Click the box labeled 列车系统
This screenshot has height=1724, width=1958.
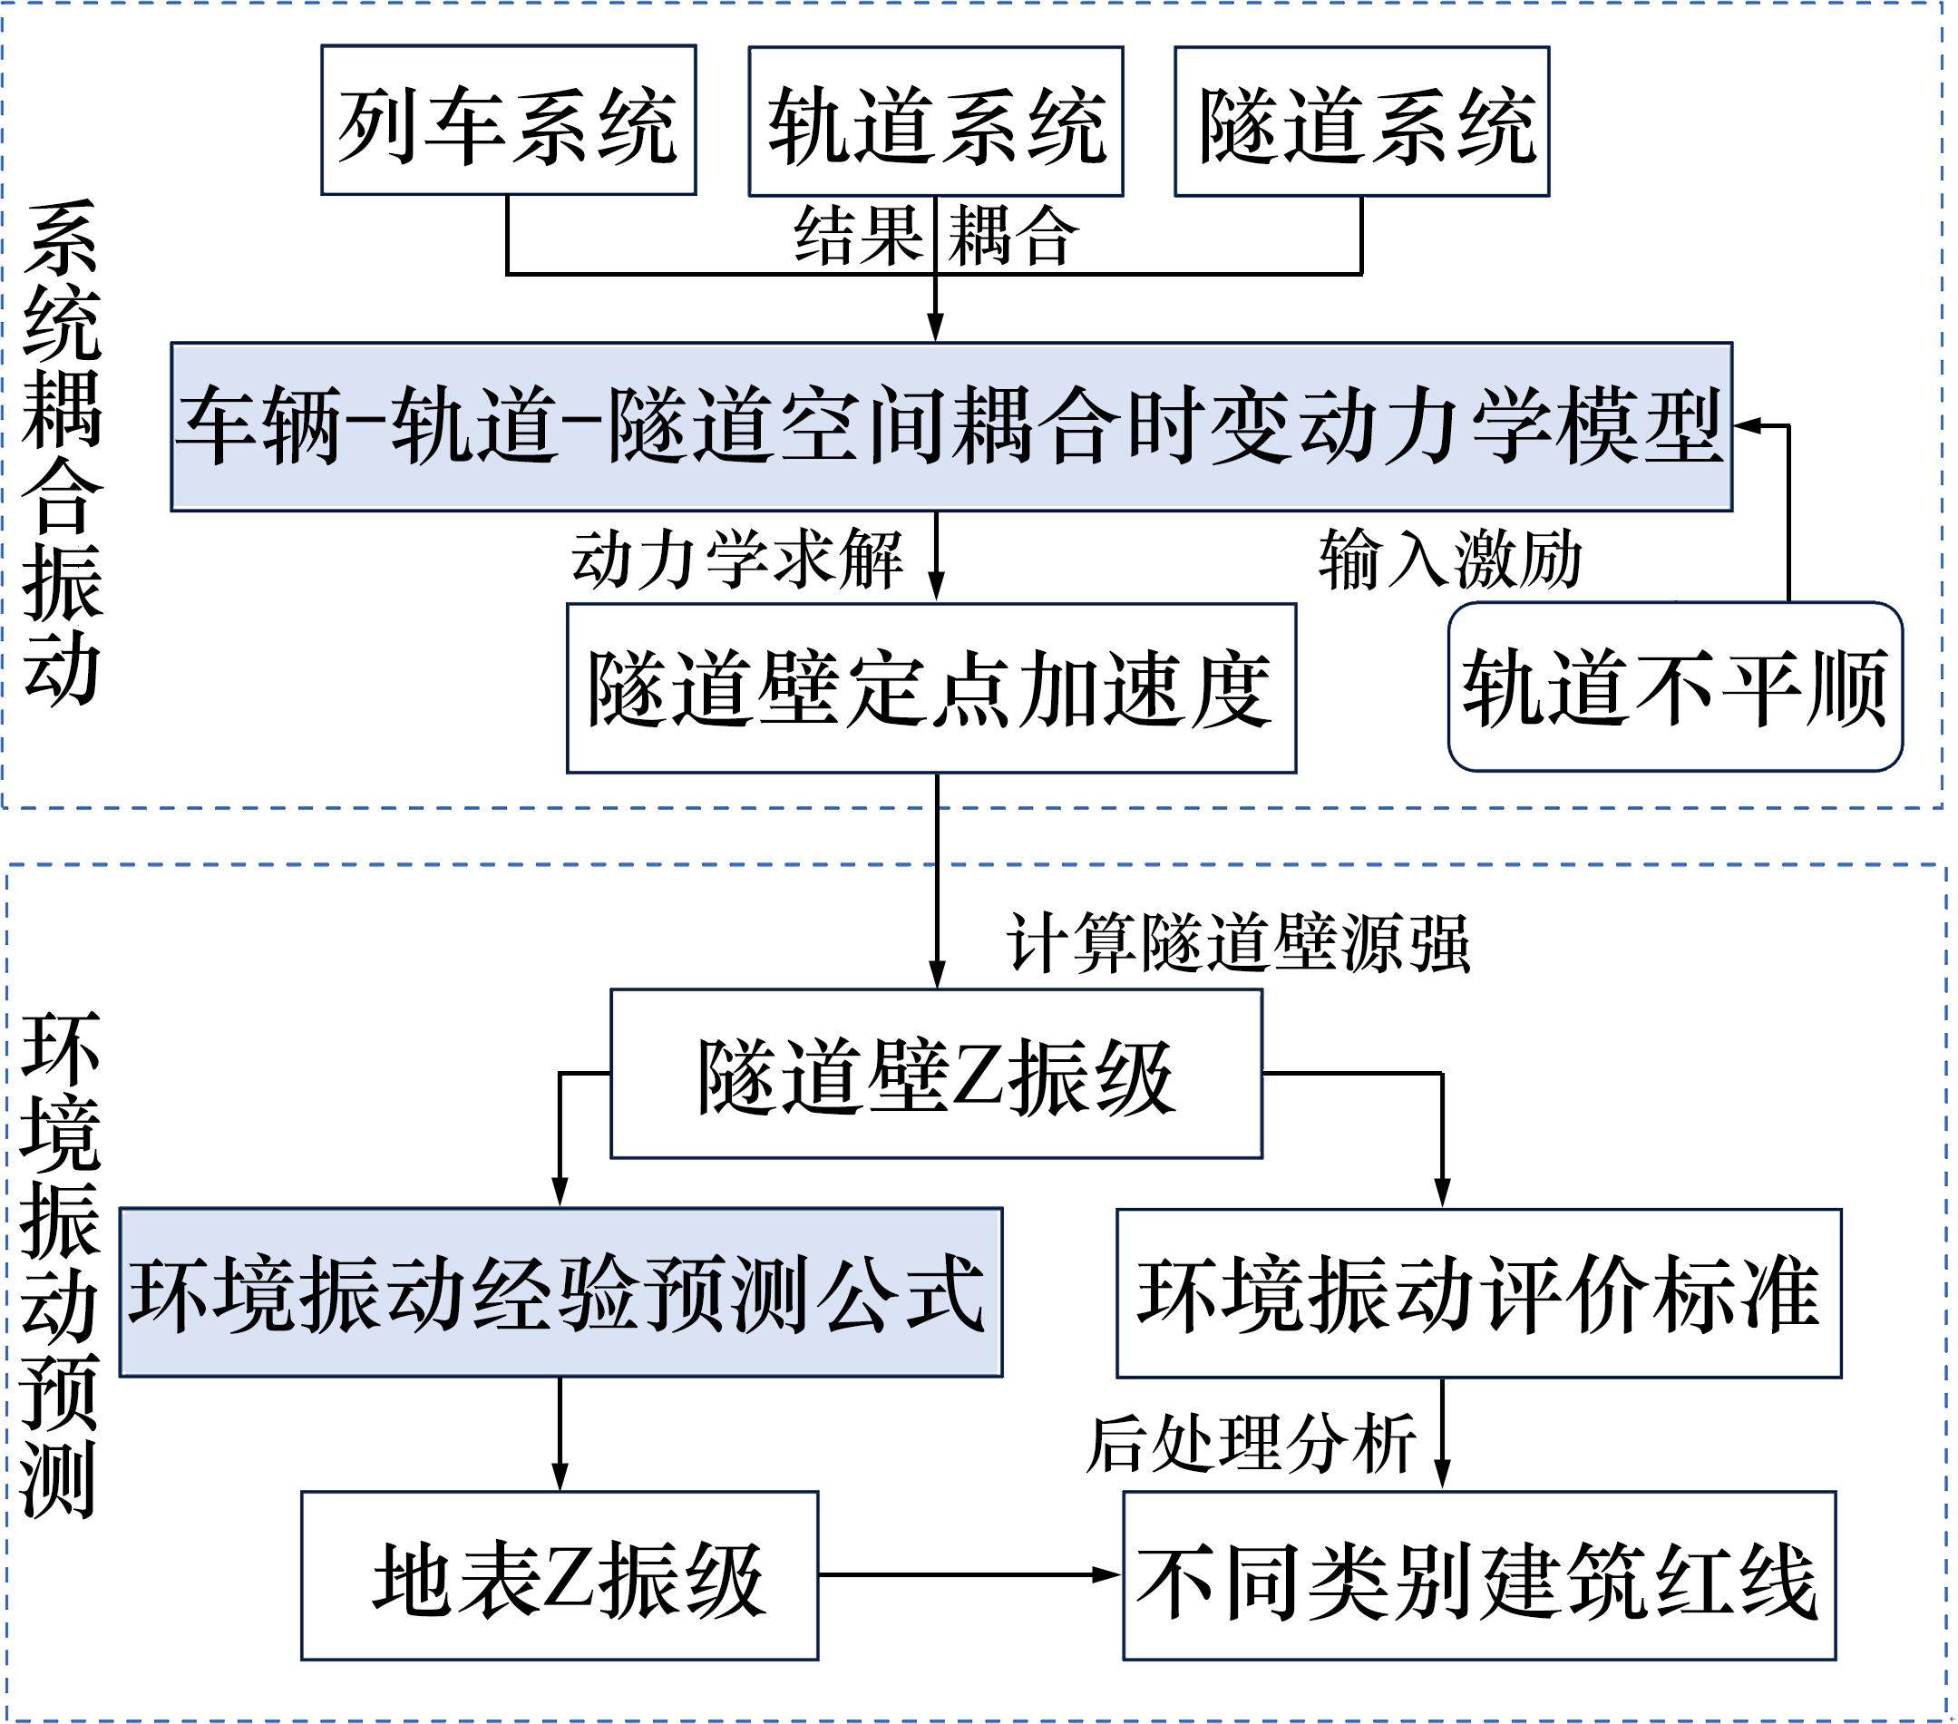pos(508,121)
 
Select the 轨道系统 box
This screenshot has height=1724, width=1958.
pos(935,122)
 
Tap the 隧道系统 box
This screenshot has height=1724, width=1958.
pos(1361,122)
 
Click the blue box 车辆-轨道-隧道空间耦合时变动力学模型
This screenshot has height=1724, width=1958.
pos(951,426)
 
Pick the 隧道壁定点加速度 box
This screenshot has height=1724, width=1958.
pos(931,687)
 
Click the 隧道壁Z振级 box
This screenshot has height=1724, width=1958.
pos(936,1074)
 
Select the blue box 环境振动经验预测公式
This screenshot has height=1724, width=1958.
pos(560,1292)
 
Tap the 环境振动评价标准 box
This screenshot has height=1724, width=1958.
pos(1478,1293)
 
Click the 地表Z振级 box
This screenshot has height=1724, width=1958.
pos(560,1575)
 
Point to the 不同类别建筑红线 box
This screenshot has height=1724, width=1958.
pos(1478,1575)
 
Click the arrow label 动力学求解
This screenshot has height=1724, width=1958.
pos(736,559)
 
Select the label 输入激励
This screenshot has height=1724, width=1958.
pos(1449,560)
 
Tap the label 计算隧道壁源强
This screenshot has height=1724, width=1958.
pos(1238,943)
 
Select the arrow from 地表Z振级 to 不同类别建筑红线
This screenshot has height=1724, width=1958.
pos(968,1573)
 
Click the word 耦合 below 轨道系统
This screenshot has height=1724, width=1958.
pos(1014,236)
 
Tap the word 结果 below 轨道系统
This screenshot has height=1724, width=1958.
pos(858,236)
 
